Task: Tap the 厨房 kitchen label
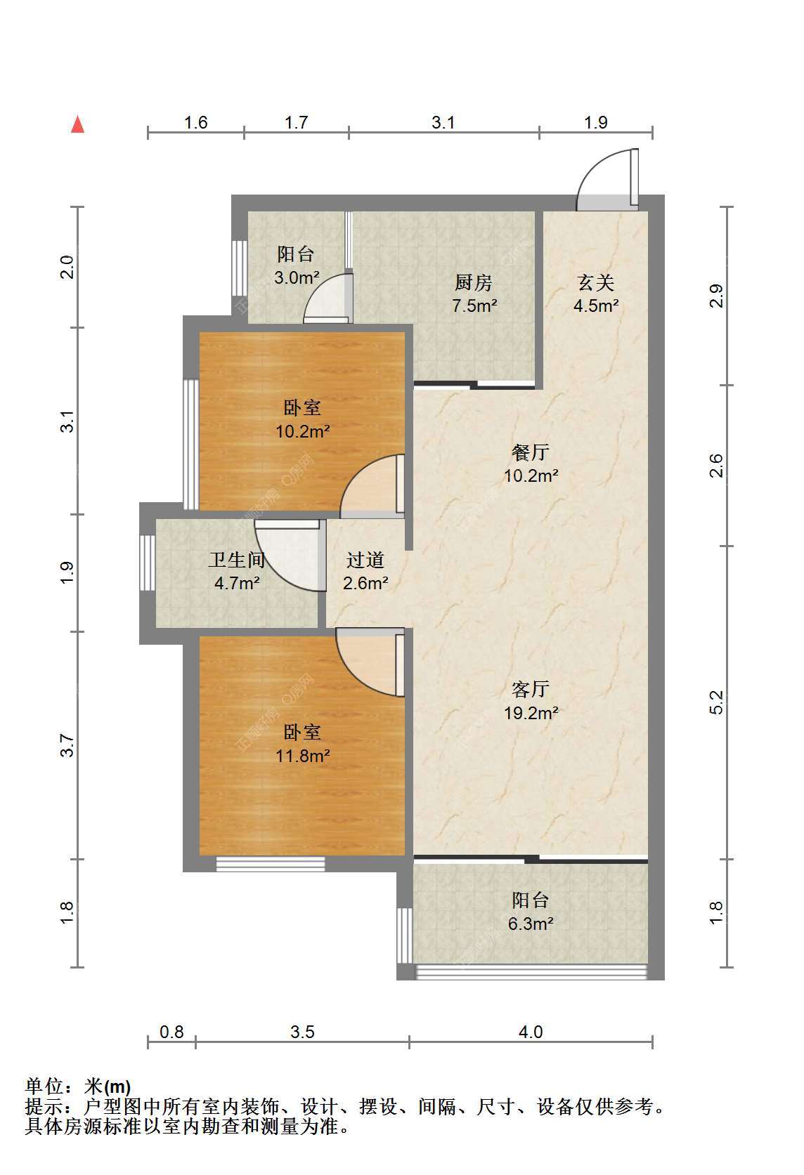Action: [474, 282]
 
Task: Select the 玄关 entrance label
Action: [596, 282]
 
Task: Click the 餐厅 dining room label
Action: [531, 452]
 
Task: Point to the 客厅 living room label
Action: [531, 689]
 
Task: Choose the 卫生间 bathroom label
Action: [237, 560]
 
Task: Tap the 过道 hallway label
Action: [365, 560]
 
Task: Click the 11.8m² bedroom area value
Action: [303, 756]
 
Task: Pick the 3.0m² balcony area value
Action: [297, 277]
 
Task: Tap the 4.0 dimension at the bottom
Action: [531, 1032]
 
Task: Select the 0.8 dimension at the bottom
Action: [171, 1032]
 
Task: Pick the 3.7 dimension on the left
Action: [67, 745]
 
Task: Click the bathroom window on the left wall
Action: [148, 563]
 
